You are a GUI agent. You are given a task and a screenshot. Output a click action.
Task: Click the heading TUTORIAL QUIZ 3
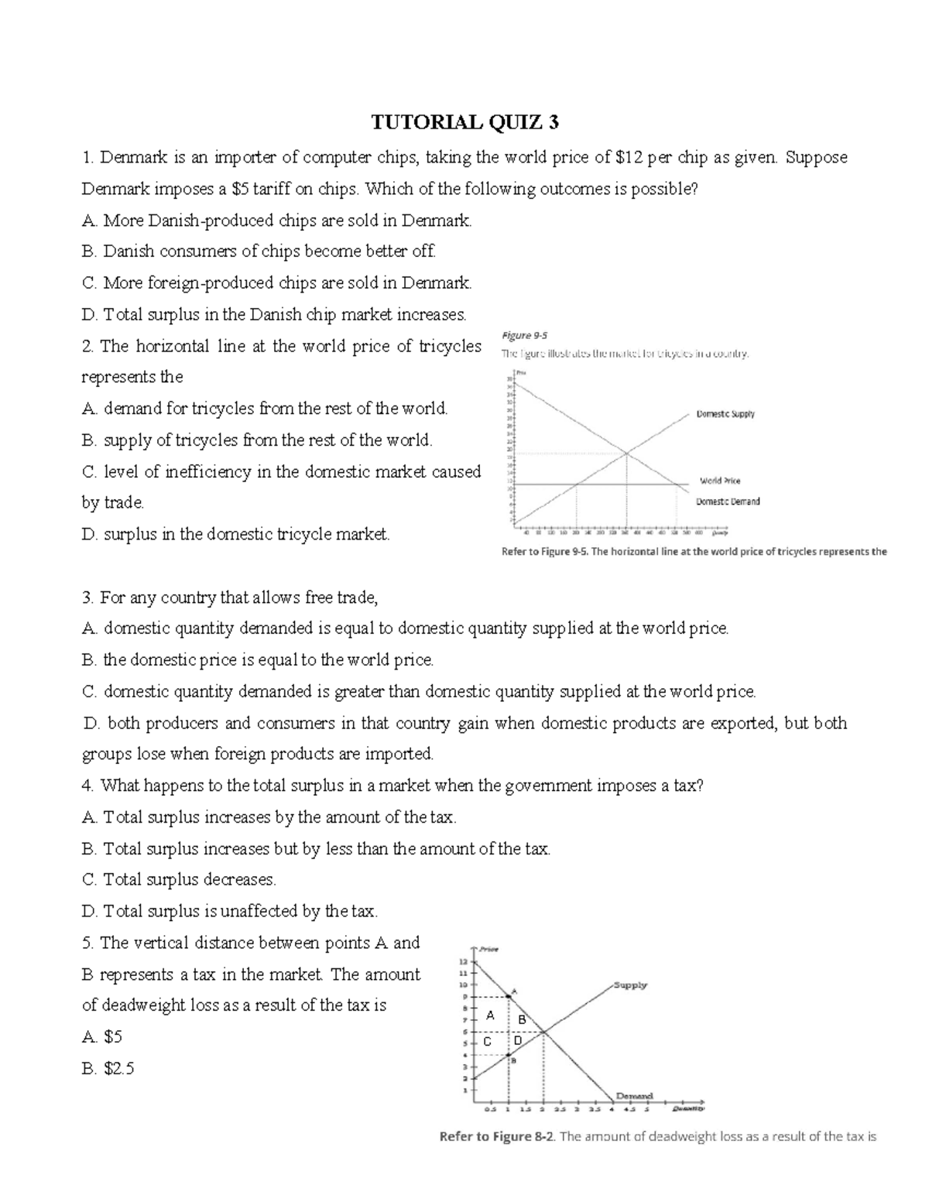pos(464,122)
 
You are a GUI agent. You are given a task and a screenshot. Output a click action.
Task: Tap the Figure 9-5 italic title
pos(524,335)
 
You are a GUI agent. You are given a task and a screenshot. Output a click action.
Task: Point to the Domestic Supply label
pos(725,414)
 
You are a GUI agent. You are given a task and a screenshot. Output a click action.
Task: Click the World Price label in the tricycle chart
pos(720,481)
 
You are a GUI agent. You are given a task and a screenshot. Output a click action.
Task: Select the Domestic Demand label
pos(728,502)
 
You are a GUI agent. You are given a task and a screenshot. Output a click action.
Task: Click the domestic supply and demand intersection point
pos(626,453)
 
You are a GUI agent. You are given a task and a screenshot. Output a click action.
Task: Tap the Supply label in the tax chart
pos(630,985)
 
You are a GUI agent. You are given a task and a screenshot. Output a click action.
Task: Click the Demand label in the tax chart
pos(634,1096)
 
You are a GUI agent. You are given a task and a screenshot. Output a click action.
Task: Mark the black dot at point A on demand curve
pos(508,996)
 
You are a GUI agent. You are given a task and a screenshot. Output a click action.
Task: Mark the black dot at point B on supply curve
pos(508,1054)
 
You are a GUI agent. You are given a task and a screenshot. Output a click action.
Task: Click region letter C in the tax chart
pos(487,1042)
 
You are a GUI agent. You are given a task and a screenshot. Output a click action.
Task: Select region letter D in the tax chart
pos(518,1040)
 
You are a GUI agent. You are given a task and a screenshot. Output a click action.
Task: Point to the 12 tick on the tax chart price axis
pos(464,962)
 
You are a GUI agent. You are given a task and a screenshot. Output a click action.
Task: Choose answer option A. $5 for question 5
pos(102,1037)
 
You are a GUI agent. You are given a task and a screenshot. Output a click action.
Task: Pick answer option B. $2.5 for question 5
pos(108,1069)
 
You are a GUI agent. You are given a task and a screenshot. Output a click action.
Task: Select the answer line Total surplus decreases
pos(179,880)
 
